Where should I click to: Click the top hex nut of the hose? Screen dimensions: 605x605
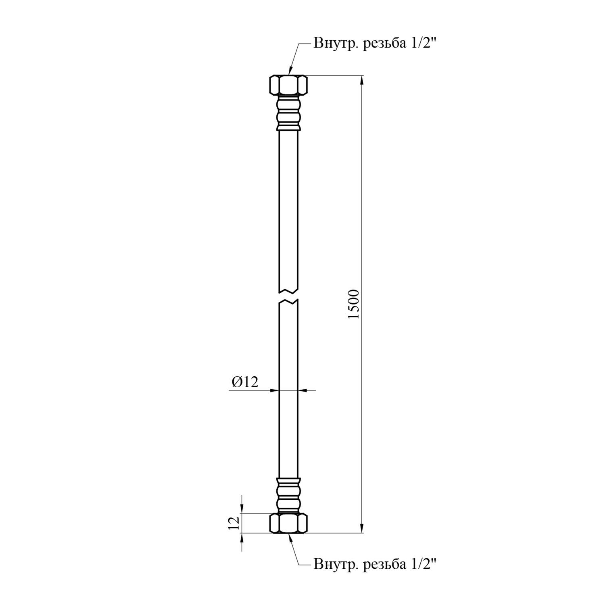tap(288, 85)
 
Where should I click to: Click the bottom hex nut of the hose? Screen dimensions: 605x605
tap(288, 523)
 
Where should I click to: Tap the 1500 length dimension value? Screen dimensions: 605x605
tap(353, 304)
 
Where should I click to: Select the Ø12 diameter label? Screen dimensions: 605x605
tap(245, 382)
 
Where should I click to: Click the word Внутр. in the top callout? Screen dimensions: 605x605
tap(336, 43)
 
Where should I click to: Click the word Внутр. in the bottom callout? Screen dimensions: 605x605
tap(336, 564)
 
